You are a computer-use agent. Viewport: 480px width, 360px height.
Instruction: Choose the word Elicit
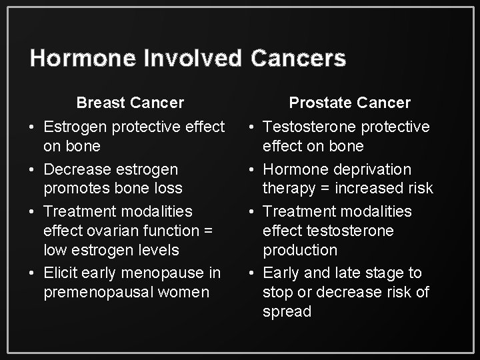pyautogui.click(x=63, y=272)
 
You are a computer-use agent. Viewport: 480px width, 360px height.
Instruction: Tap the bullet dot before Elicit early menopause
pyautogui.click(x=31, y=273)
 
